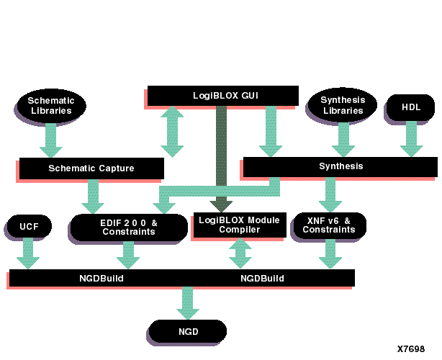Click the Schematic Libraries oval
point(51,106)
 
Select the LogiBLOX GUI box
point(222,96)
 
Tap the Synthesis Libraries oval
point(343,105)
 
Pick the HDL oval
point(411,107)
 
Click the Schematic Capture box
point(91,168)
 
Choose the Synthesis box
point(340,166)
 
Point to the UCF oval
point(29,227)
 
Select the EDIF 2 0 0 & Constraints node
point(128,227)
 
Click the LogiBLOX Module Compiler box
point(239,224)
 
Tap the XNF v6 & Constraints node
point(329,225)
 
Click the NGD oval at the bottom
point(188,332)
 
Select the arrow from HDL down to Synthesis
point(411,139)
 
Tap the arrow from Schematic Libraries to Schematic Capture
point(51,140)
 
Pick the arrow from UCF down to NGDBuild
point(29,253)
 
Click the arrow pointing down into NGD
point(188,303)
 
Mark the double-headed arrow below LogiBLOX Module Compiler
point(240,253)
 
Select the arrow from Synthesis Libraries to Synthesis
point(343,139)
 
